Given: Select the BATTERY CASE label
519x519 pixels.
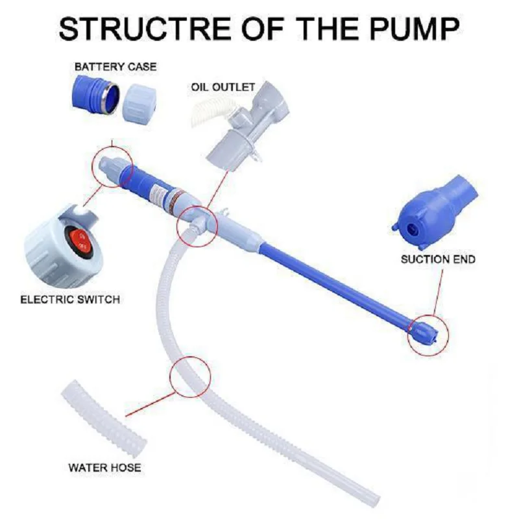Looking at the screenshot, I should point(115,67).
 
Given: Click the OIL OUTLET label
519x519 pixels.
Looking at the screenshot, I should point(223,86).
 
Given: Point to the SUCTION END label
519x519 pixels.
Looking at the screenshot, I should point(437,259).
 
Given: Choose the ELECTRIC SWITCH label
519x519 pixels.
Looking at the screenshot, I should point(70,300).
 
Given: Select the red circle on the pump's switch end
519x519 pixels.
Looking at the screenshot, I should point(113,166).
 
